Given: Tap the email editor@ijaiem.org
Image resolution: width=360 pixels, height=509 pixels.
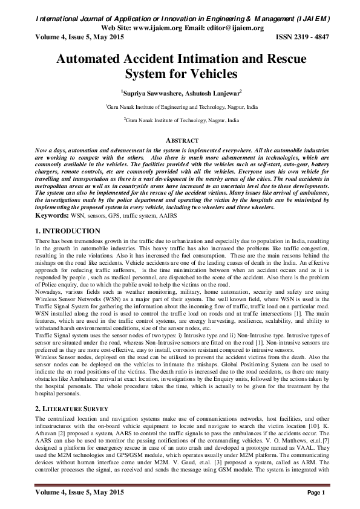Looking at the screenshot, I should (x=234, y=28).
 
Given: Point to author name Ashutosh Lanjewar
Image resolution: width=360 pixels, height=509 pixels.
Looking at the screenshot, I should (x=213, y=94).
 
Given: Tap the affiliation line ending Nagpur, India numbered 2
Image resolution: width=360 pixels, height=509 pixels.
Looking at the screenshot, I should (x=180, y=121).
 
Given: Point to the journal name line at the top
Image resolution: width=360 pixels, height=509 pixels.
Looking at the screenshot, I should (x=180, y=19).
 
